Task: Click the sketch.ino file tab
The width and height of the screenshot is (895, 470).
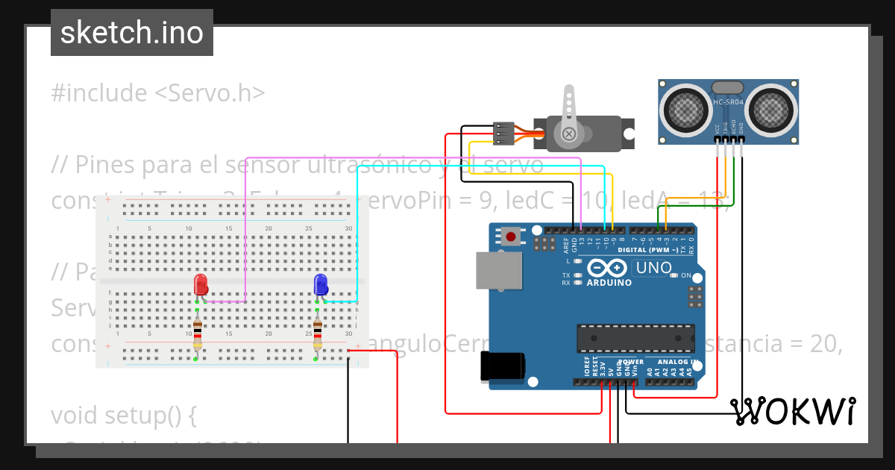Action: [x=132, y=33]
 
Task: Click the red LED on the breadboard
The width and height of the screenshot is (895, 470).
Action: [x=201, y=285]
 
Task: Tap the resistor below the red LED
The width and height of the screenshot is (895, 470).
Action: [x=198, y=333]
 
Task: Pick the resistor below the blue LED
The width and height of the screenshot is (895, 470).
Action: [x=318, y=333]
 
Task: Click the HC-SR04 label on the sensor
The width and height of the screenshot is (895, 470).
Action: [x=728, y=102]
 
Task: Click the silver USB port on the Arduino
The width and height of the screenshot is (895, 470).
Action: [x=498, y=269]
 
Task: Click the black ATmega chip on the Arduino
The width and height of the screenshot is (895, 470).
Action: [x=635, y=337]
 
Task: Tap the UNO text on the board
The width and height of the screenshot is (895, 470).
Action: [x=653, y=267]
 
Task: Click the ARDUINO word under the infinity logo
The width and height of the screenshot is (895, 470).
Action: [x=609, y=283]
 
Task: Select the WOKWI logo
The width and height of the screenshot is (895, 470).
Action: [x=792, y=411]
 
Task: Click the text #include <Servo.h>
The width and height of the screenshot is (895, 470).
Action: [x=158, y=93]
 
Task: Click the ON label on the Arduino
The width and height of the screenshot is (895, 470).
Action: [x=686, y=275]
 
